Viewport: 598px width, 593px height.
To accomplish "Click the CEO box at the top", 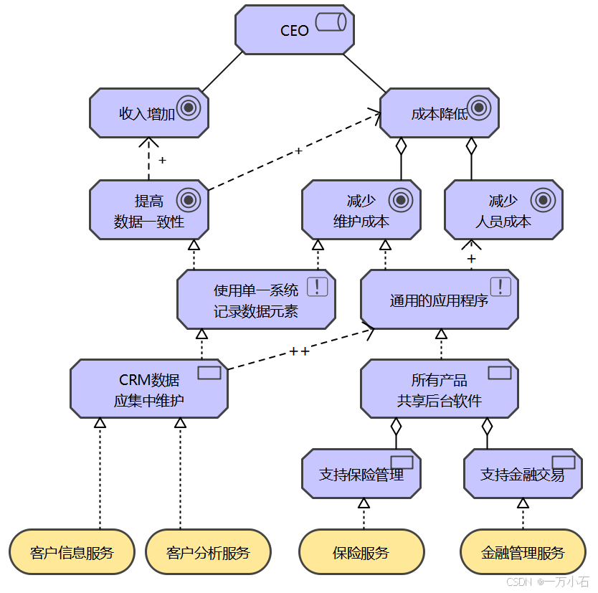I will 295,30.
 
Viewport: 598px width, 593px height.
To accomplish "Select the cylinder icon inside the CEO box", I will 331,22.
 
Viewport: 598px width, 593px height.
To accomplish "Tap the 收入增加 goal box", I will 149,113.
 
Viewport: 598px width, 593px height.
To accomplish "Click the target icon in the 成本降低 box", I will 478,108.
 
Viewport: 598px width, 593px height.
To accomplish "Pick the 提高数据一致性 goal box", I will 149,210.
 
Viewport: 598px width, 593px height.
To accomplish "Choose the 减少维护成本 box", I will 361,210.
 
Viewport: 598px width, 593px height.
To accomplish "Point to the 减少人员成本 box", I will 503,210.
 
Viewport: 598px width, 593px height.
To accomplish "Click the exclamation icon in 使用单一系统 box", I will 318,287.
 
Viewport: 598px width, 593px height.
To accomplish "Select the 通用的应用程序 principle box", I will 439,300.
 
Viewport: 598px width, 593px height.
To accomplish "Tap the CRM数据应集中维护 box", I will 149,389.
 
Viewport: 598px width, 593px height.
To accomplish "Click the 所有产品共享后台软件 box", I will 439,389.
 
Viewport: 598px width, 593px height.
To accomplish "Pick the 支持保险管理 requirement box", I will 361,474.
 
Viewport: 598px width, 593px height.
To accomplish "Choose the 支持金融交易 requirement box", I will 523,474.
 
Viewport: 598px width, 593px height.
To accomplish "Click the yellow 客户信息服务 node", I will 72,553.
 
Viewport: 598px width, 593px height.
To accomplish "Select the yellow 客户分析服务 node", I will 208,553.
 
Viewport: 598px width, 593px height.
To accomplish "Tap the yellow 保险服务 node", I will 361,553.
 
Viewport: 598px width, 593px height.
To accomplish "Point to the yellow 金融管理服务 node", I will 523,553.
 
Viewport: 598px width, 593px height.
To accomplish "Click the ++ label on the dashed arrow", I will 299,351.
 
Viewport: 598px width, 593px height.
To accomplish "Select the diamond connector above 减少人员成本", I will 471,146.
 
